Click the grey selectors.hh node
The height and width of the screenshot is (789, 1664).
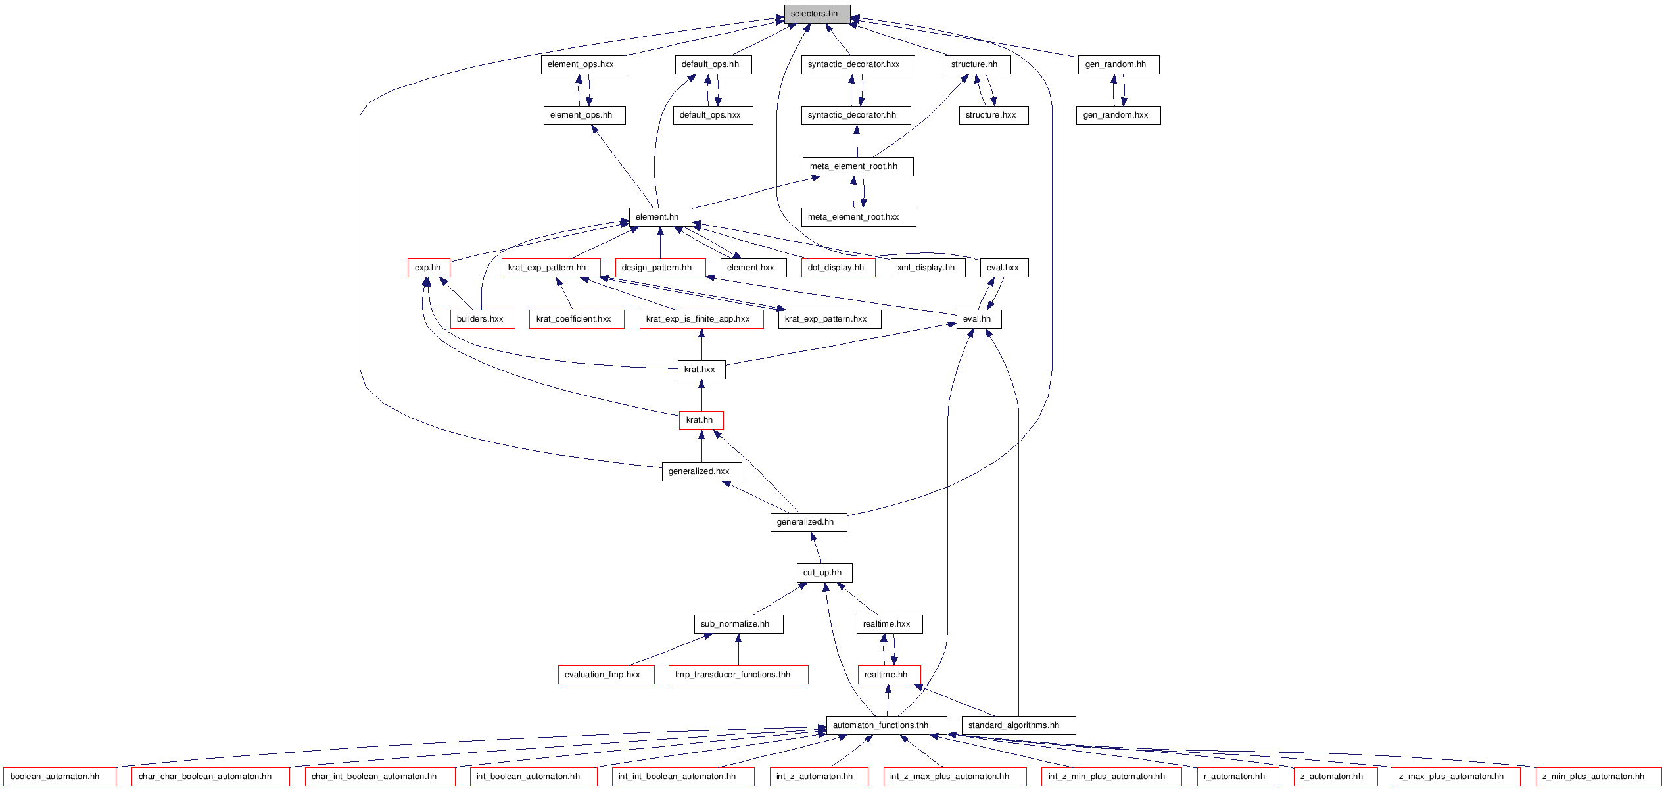[817, 14]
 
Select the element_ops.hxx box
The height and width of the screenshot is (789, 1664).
[584, 64]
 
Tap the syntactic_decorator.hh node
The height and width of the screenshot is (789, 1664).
[856, 115]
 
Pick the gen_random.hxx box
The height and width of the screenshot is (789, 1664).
[1118, 115]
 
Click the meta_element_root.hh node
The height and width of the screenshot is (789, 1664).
[858, 166]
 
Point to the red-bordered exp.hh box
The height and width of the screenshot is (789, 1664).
[429, 268]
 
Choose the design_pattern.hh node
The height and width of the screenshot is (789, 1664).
[661, 268]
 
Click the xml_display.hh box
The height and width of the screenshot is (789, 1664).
[928, 268]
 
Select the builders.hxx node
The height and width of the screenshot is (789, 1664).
[482, 319]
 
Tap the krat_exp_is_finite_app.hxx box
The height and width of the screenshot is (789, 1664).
[701, 319]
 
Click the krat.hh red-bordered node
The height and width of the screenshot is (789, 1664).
[701, 420]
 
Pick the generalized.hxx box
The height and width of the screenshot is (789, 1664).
[701, 471]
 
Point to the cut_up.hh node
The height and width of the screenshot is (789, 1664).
[824, 573]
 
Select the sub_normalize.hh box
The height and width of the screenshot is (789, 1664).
[738, 624]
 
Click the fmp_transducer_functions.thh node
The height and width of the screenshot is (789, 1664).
[738, 675]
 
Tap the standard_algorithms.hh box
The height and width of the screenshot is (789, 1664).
[1018, 725]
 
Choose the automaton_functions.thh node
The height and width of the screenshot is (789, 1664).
[886, 725]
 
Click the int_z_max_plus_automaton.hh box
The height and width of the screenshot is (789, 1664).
[955, 777]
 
